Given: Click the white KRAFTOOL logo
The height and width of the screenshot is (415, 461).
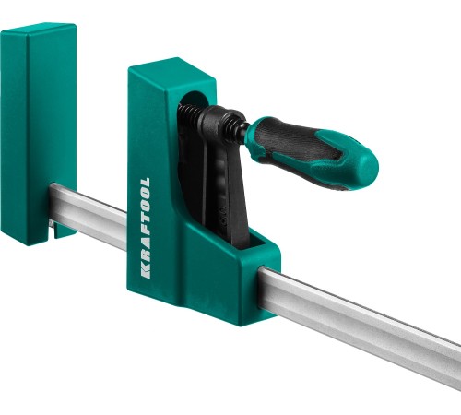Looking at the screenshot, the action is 146,228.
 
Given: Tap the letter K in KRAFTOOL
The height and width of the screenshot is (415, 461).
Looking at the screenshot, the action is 146,272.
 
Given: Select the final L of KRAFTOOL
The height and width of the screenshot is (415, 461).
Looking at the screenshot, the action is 146,182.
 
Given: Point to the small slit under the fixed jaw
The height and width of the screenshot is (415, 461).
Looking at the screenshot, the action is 53,229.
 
